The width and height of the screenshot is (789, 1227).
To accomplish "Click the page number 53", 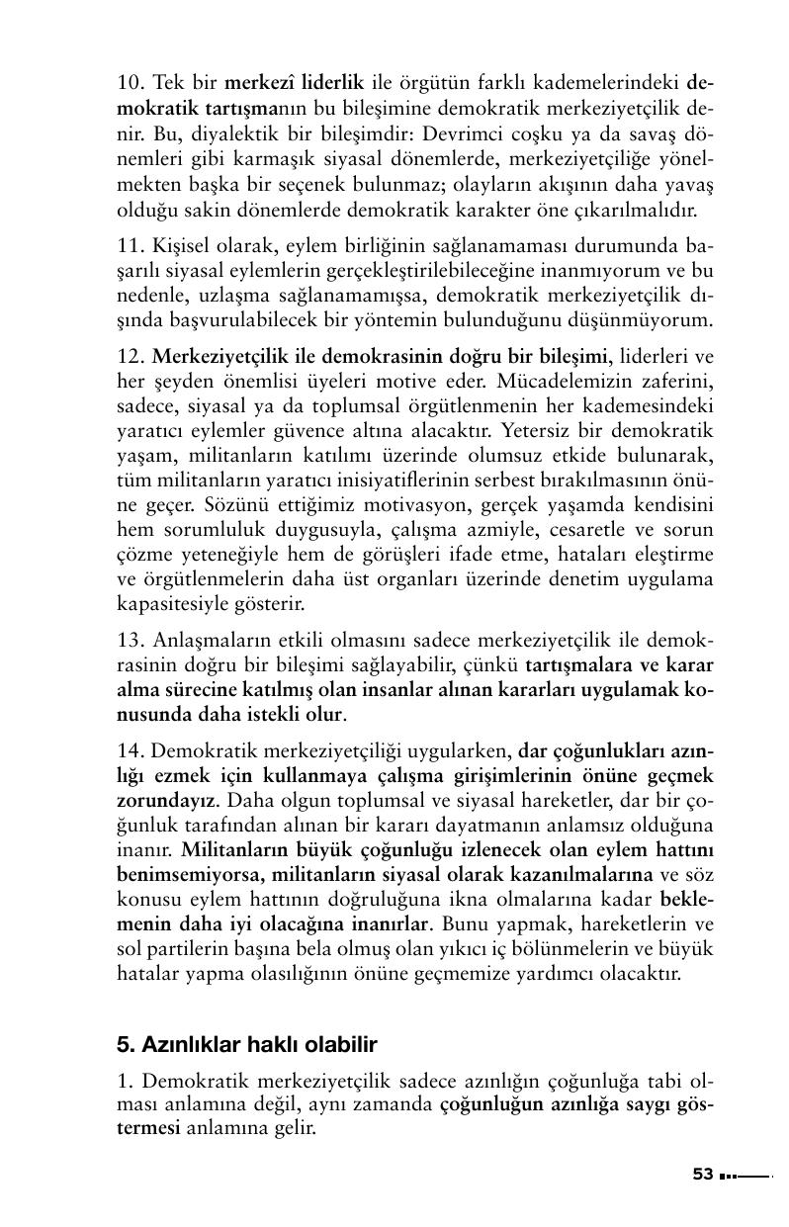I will pos(703,1174).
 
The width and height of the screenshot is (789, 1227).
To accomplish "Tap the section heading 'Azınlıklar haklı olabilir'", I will pos(247,1044).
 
